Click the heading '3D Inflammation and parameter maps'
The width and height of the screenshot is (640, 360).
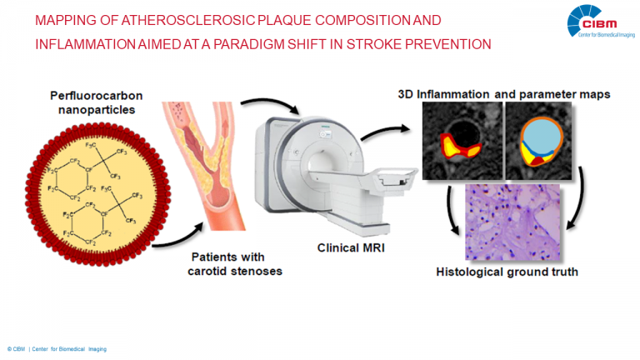tap(503, 95)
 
